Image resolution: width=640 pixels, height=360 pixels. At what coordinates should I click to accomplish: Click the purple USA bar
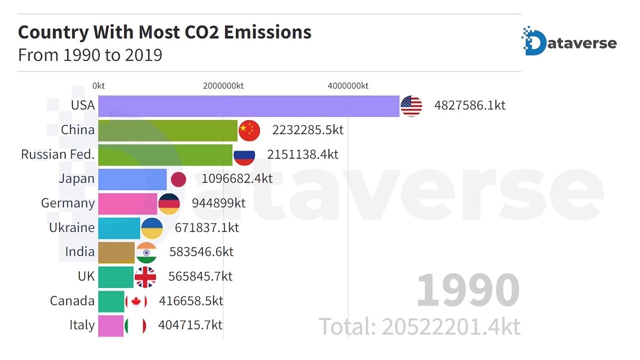tap(248, 106)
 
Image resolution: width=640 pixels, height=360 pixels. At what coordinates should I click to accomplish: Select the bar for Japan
tap(132, 179)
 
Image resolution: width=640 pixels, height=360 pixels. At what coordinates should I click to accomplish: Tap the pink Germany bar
tap(127, 203)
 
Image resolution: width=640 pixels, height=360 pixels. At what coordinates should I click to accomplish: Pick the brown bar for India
tap(116, 252)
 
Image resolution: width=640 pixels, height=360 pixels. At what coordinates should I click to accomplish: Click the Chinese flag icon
tap(249, 130)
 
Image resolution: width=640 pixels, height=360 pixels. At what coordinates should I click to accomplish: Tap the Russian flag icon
tap(244, 155)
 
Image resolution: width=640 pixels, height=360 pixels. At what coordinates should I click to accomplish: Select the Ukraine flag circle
tap(152, 228)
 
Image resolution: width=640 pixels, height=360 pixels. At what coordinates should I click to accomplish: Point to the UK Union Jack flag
tap(145, 277)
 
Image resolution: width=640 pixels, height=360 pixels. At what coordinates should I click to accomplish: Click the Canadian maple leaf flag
tap(135, 301)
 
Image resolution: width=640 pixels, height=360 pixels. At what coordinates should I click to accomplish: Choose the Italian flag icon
tap(135, 326)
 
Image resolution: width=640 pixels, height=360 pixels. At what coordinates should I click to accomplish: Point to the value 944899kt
tap(218, 203)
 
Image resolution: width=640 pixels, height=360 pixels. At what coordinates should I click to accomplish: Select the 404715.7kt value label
tap(190, 325)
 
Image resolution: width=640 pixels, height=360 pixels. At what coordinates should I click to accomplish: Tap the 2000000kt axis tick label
tap(223, 86)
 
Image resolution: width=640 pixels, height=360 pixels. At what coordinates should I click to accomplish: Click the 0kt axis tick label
tap(98, 86)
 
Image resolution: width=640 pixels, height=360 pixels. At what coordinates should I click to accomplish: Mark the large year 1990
tap(467, 290)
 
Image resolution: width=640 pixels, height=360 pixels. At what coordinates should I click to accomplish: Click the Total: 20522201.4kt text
tap(419, 327)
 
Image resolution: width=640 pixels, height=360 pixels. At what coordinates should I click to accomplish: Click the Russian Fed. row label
tap(57, 154)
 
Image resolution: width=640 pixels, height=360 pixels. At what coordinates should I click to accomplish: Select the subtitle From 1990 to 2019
tap(90, 54)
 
